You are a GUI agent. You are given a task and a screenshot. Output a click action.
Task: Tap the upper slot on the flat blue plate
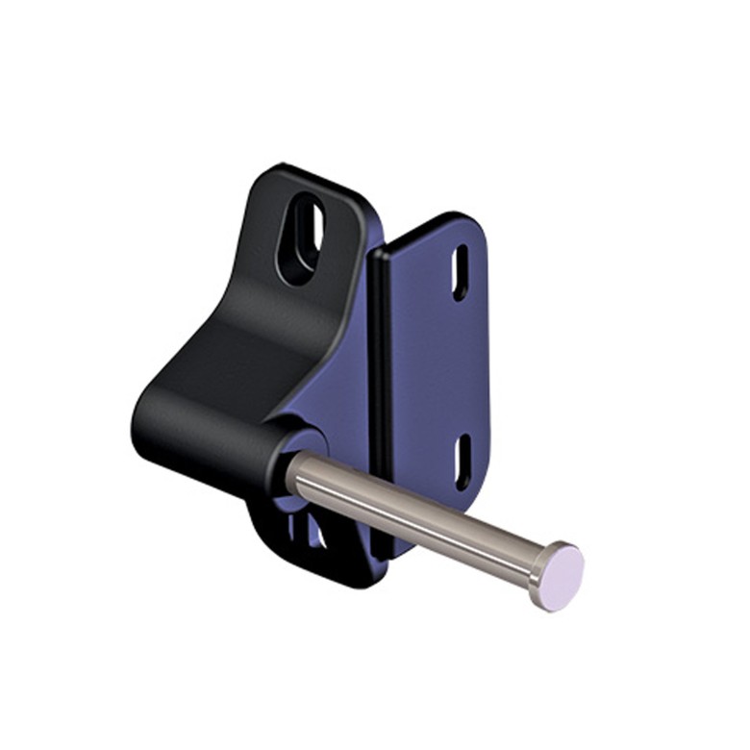click(x=461, y=272)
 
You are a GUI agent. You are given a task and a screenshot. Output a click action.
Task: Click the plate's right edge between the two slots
click(x=488, y=365)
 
